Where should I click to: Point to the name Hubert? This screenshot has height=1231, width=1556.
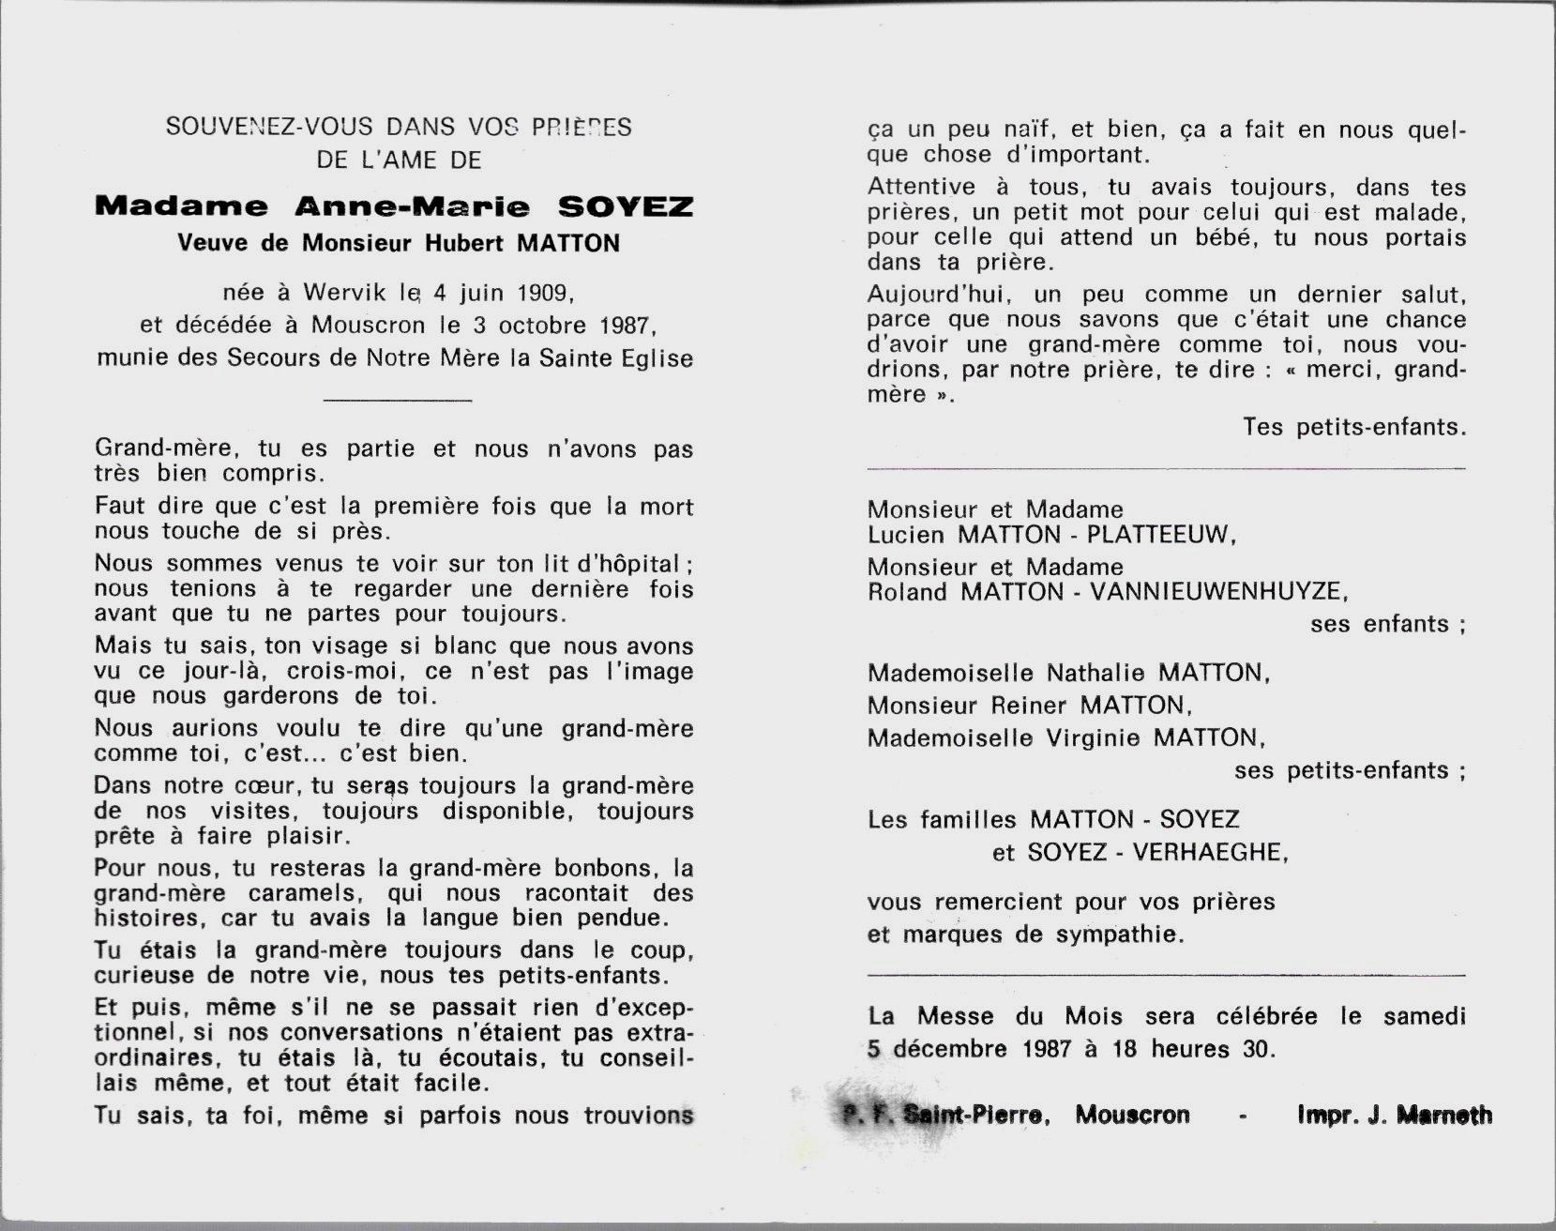point(466,243)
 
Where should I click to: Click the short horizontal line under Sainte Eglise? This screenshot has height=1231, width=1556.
point(396,401)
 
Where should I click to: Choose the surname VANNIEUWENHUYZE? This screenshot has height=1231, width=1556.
point(1217,592)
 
